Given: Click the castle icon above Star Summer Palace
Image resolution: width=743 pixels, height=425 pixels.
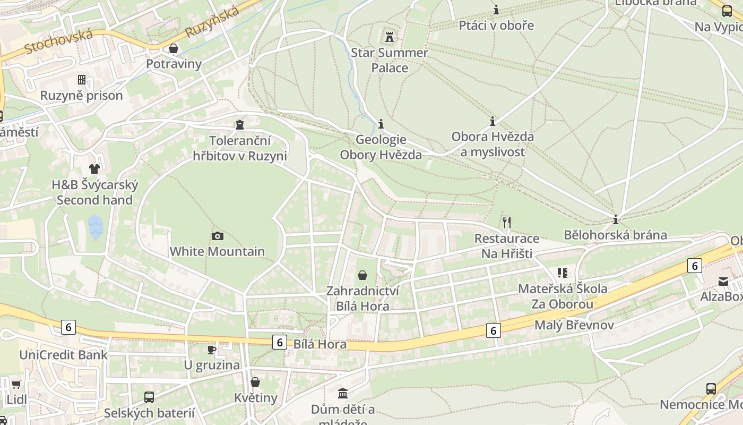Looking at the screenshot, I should [x=390, y=37].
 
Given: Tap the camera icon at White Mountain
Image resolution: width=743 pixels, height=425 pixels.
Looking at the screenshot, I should [x=217, y=236].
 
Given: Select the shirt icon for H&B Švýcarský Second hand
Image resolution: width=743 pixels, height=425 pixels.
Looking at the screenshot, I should [x=94, y=169].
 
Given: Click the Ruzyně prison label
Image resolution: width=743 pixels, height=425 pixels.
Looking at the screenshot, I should [x=82, y=96].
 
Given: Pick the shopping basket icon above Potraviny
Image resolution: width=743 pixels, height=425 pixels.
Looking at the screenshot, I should [x=173, y=49].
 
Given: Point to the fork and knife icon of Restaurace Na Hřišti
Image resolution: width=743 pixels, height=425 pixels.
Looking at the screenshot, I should [x=507, y=222].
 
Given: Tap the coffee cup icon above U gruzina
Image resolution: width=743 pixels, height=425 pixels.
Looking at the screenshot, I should [x=211, y=350].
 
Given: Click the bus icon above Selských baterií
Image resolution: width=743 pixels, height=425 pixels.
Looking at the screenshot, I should [x=149, y=397].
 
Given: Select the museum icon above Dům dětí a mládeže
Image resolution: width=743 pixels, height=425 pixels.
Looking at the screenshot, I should [x=343, y=394].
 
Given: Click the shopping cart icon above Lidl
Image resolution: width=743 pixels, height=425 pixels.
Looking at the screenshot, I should [x=16, y=384].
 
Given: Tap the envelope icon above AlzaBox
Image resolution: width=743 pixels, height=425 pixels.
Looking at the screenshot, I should [x=723, y=281].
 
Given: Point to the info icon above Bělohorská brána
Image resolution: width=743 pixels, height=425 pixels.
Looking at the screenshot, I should [x=616, y=219].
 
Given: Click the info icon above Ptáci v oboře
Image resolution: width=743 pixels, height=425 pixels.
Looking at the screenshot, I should [x=496, y=10].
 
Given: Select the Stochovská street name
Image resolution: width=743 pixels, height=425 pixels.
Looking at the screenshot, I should [x=58, y=41].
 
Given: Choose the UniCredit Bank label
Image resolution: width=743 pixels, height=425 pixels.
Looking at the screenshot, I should [x=63, y=355].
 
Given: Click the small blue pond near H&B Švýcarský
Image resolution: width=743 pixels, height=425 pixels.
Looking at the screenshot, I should [x=96, y=227].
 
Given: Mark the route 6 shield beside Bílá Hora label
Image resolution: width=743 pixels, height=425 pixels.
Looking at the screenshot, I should [x=280, y=343].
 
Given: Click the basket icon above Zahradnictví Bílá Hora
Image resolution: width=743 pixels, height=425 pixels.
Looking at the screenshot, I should [x=362, y=275].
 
